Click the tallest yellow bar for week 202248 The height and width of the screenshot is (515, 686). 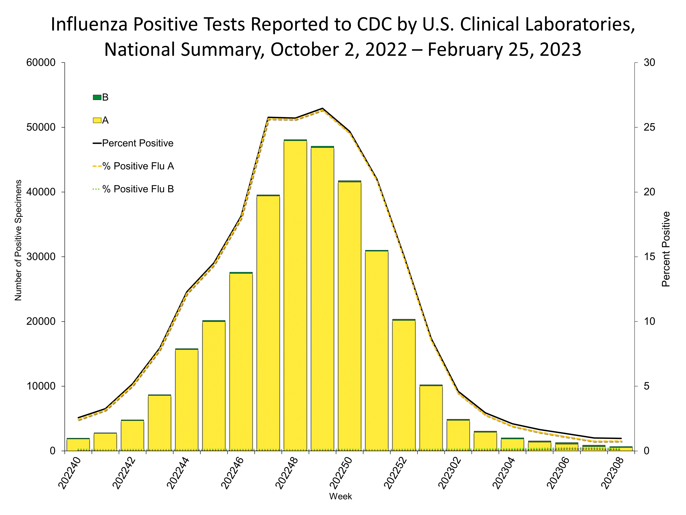[295, 295]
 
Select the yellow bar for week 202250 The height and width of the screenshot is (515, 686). [349, 315]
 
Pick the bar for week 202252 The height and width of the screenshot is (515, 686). [404, 385]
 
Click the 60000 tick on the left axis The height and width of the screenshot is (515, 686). [41, 63]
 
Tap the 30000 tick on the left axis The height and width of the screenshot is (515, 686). [41, 257]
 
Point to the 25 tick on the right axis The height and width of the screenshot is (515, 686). [649, 127]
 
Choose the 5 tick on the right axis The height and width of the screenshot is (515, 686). [647, 386]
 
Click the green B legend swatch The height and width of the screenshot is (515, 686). [97, 98]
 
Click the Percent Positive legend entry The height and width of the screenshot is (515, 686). [137, 144]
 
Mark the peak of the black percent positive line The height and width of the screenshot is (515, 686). [323, 108]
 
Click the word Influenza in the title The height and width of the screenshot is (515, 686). [89, 25]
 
